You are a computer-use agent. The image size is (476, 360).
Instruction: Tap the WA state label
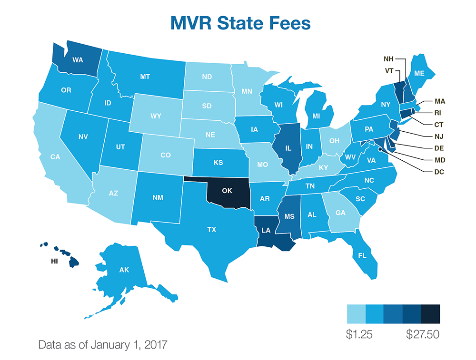point(78,60)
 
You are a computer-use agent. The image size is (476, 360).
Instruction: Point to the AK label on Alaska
point(124,270)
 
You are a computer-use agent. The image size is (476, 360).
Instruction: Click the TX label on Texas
point(211,229)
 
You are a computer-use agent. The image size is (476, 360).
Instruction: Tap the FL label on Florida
point(362,255)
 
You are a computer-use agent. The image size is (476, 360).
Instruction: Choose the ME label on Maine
point(419,73)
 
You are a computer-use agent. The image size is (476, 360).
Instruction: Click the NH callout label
point(388,59)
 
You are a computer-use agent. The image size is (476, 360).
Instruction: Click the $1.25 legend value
point(359,335)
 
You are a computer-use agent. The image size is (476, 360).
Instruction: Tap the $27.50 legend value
point(422,335)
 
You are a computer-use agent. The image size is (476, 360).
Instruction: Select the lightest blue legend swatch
point(356,314)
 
